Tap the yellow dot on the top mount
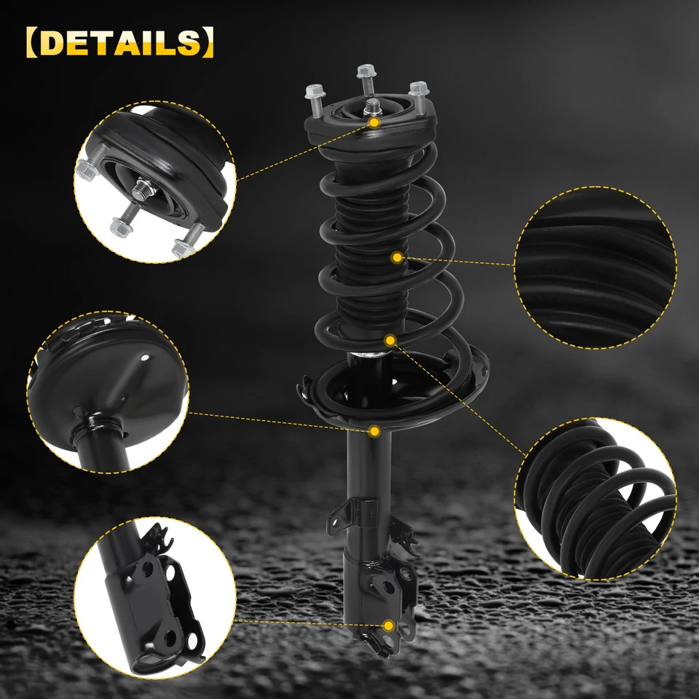(374, 123)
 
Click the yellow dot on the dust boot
(397, 257)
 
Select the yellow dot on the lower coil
(390, 339)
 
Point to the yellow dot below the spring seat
(374, 431)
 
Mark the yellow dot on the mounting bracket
(390, 625)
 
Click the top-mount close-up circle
(154, 181)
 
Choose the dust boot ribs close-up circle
(595, 267)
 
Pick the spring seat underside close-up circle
(108, 392)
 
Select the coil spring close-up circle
(595, 499)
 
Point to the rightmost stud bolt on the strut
(417, 95)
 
